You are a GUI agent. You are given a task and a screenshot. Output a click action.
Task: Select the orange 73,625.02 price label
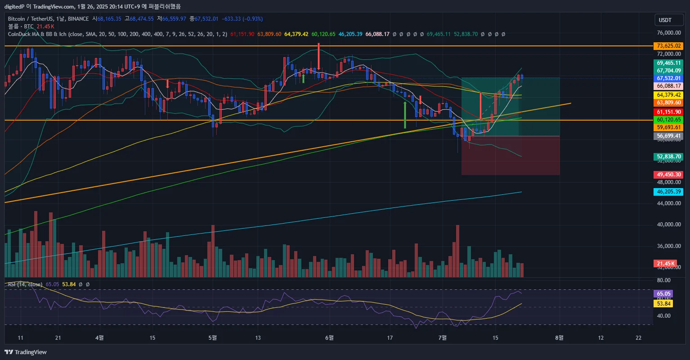click(669, 46)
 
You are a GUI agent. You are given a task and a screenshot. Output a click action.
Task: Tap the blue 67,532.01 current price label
click(669, 78)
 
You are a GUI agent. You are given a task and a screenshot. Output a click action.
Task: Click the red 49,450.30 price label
click(669, 175)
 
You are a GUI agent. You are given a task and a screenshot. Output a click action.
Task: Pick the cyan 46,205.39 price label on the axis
click(669, 192)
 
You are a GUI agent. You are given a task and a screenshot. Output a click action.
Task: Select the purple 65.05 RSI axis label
click(663, 293)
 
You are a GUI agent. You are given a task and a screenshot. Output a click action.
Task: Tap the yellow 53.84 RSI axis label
click(663, 304)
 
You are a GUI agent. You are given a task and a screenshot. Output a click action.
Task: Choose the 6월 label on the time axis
click(329, 337)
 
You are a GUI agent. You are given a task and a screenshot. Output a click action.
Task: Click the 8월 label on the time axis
click(559, 337)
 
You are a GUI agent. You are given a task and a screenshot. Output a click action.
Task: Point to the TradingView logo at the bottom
click(26, 352)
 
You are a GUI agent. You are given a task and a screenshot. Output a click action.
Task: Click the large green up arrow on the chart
click(405, 115)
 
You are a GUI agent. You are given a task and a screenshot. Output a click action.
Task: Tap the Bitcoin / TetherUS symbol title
click(31, 19)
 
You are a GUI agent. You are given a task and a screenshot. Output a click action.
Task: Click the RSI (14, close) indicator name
click(25, 284)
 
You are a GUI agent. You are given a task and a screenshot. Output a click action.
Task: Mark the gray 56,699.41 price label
click(669, 136)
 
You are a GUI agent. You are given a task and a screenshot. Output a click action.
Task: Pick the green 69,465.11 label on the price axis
click(669, 63)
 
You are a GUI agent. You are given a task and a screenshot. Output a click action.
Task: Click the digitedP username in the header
click(14, 6)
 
